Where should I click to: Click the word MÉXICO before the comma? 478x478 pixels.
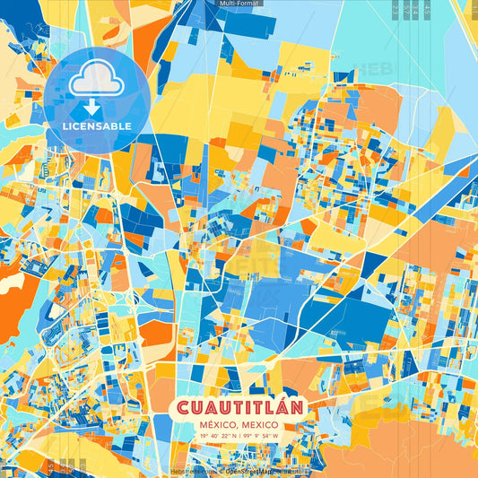[x=218, y=424]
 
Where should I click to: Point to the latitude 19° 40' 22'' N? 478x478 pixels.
[x=213, y=436]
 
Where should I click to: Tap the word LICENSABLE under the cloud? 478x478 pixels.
[x=97, y=126]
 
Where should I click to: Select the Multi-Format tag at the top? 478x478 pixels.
[x=239, y=4]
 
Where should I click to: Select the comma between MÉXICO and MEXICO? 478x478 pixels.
[x=238, y=426]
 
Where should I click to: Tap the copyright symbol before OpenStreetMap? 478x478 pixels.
[x=222, y=471]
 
